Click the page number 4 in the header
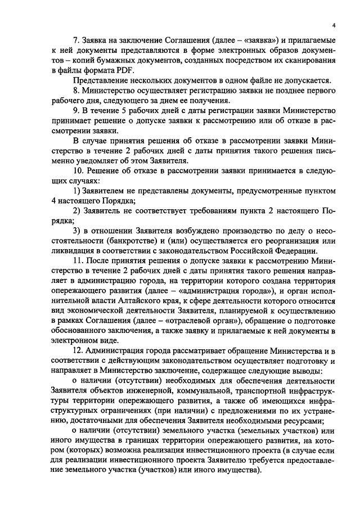click(334, 25)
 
